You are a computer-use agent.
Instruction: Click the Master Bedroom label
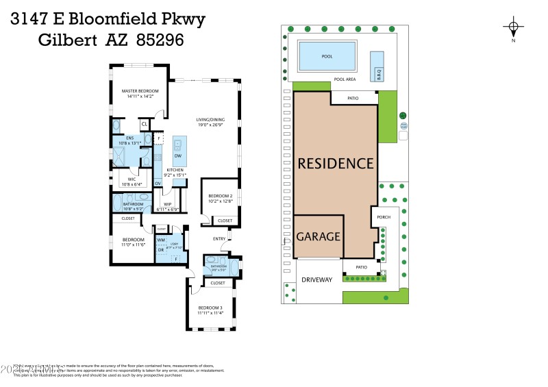pyautogui.click(x=140, y=94)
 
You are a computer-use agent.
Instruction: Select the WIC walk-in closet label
pyautogui.click(x=131, y=182)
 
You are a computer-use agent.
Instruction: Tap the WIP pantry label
pyautogui.click(x=168, y=206)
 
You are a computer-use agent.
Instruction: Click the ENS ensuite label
pyautogui.click(x=129, y=140)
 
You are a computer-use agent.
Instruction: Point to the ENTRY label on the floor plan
pyautogui.click(x=219, y=238)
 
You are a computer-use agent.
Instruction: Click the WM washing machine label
pyautogui.click(x=161, y=240)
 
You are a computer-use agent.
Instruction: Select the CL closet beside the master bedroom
pyautogui.click(x=145, y=124)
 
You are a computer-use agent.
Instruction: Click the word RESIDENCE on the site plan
pyautogui.click(x=335, y=164)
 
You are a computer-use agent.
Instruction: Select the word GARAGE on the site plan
pyautogui.click(x=319, y=236)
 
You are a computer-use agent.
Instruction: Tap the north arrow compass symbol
pyautogui.click(x=512, y=28)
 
